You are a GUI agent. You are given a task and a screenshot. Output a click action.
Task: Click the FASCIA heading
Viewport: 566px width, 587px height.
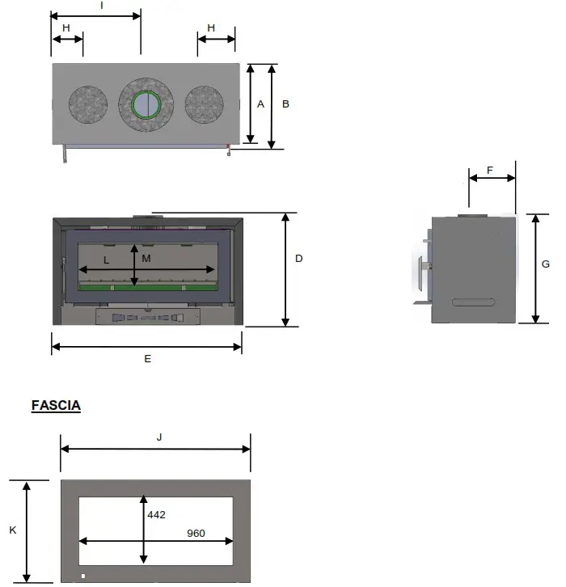click(56, 405)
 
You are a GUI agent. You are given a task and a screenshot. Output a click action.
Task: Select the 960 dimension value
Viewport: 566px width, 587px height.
click(195, 533)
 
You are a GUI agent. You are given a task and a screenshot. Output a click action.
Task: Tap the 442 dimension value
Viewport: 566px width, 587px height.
click(157, 514)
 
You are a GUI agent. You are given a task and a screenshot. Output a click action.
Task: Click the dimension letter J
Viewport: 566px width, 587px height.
click(159, 437)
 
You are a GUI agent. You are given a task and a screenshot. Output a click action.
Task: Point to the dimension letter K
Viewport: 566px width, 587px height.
click(12, 530)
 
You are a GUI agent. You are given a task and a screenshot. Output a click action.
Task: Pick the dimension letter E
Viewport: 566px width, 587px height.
click(147, 358)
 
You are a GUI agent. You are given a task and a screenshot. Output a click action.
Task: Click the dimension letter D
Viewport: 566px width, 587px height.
click(298, 259)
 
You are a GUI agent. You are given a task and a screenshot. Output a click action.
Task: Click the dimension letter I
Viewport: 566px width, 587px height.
click(101, 5)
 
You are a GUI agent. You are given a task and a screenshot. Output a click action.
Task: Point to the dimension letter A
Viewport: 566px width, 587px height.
click(260, 104)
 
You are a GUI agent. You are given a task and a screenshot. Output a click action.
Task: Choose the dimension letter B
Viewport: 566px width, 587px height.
click(285, 104)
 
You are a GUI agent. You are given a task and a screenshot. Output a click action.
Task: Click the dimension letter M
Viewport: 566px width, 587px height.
click(146, 259)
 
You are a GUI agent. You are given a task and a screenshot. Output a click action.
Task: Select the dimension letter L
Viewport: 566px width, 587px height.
click(106, 260)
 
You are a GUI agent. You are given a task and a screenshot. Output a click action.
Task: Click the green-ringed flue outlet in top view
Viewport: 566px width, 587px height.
click(146, 104)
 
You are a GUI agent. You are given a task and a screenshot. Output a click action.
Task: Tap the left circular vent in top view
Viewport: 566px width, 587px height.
click(87, 104)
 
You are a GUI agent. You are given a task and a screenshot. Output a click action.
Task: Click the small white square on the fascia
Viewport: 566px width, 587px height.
click(82, 576)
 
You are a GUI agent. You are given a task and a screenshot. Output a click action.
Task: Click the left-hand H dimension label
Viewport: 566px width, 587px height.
click(66, 27)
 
